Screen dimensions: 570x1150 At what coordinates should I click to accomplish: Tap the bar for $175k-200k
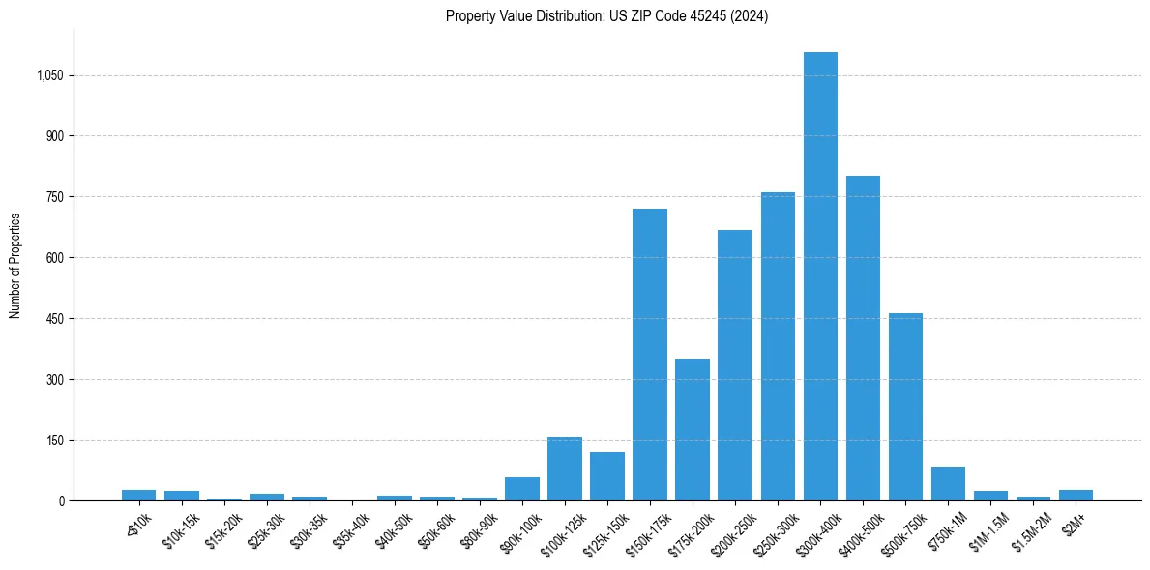tap(693, 430)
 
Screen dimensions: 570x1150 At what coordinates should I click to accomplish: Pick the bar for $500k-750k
tap(905, 407)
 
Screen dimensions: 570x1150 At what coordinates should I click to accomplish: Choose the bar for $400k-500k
tap(863, 338)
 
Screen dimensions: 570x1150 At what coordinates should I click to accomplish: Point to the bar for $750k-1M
tap(948, 484)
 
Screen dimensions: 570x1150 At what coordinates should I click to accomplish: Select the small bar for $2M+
tap(1076, 496)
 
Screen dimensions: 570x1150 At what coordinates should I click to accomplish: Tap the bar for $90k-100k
tap(522, 489)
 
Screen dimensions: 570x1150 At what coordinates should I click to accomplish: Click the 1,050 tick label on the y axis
tap(47, 75)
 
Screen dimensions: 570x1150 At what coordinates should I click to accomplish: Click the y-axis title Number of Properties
tap(15, 265)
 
